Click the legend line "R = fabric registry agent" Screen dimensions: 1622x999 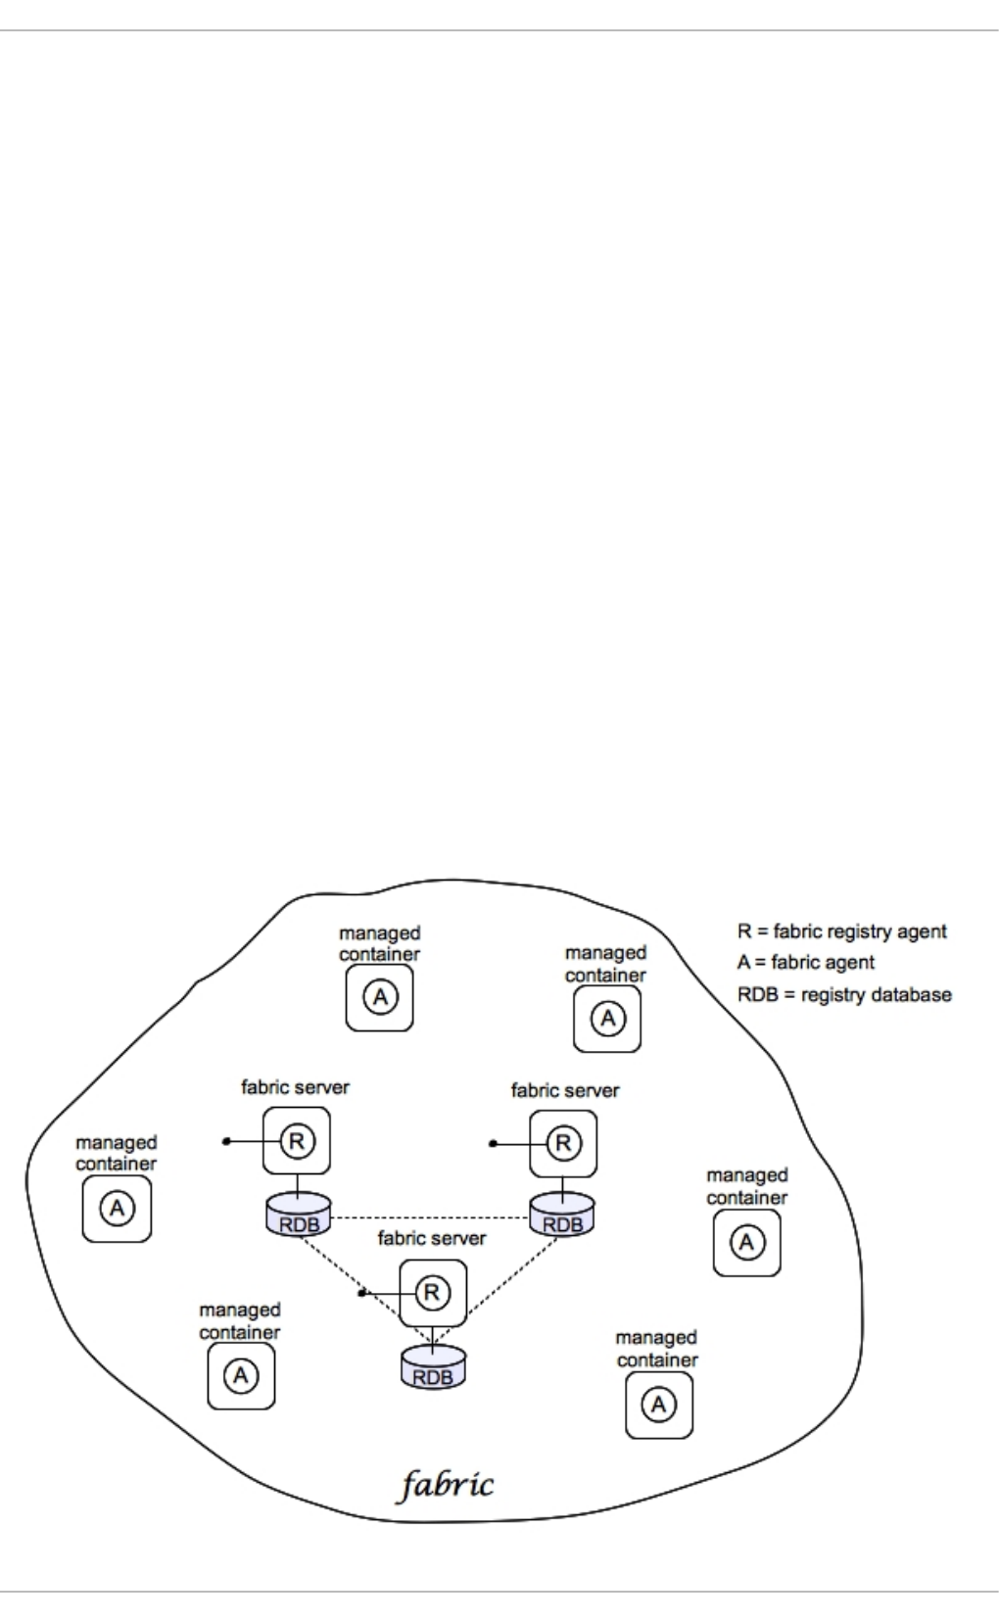841,931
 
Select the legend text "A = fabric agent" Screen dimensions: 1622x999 805,963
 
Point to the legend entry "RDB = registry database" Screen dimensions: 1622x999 843,995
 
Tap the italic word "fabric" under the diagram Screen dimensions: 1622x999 447,1485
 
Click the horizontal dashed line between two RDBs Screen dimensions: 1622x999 431,1217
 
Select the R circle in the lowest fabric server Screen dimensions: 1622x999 432,1292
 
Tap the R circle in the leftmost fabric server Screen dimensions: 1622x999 297,1140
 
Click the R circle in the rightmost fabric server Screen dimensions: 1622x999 563,1142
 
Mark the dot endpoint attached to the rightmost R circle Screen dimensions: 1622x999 494,1143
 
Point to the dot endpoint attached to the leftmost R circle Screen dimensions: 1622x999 226,1141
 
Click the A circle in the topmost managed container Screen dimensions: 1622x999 380,997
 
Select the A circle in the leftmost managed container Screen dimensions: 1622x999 117,1208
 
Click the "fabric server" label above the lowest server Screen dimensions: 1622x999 432,1238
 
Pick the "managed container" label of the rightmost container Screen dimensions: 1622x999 746,1186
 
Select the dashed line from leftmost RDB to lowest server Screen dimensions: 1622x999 362,1283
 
